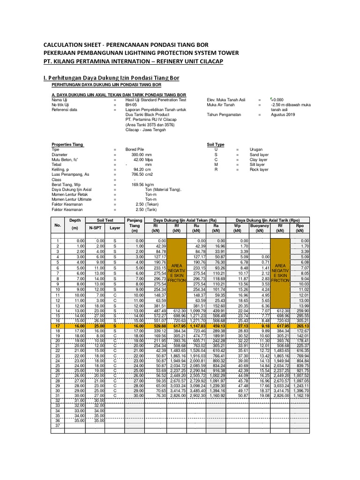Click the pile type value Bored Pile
click(x=135, y=149)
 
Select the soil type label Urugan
click(x=243, y=149)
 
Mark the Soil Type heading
click(x=216, y=144)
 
